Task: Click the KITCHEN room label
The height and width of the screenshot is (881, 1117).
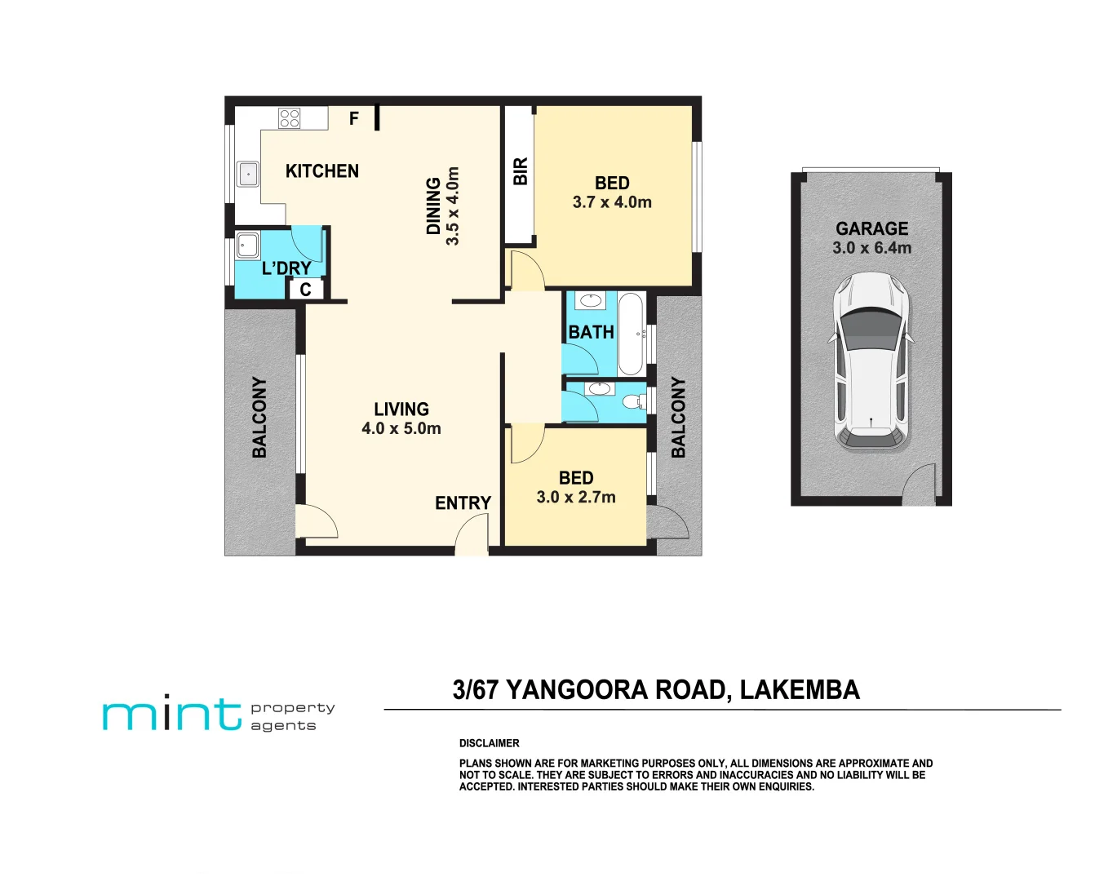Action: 321,171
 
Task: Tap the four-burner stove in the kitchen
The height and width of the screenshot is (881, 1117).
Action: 289,118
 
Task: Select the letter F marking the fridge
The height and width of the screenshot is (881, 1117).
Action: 354,119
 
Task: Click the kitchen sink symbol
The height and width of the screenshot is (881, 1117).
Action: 247,174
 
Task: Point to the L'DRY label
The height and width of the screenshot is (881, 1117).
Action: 286,268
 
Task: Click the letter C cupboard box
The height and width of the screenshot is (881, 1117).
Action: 305,290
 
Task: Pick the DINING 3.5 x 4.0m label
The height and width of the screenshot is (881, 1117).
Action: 443,206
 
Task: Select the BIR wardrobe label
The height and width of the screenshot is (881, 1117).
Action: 520,171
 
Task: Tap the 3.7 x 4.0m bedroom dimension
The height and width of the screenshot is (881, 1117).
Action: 612,202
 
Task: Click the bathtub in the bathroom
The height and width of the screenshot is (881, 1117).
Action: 630,334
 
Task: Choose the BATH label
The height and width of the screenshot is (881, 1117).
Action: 591,333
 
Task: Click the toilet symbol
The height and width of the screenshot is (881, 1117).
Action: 632,401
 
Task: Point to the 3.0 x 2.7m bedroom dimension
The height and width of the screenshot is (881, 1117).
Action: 576,497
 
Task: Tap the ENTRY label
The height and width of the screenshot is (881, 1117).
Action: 463,503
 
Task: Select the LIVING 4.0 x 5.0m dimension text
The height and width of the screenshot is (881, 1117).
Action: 401,428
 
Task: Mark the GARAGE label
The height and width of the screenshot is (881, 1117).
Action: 871,228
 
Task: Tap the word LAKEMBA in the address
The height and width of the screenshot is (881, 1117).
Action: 800,690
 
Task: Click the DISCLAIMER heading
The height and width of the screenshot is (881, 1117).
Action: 489,743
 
